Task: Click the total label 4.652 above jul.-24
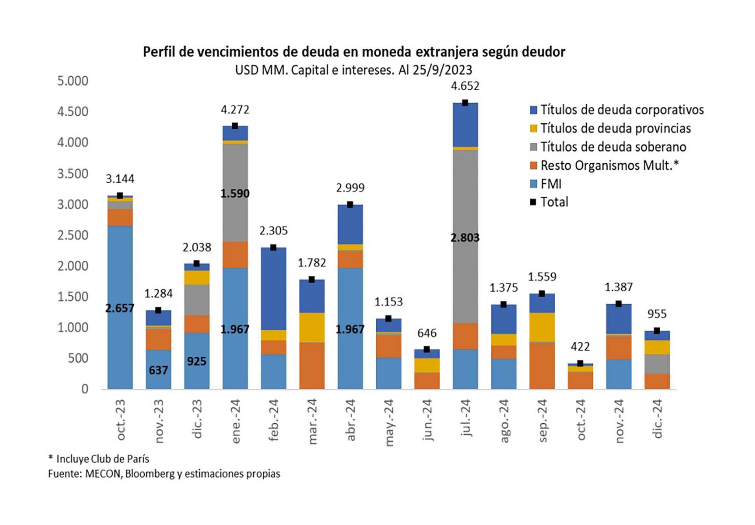(465, 86)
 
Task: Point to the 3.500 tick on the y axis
(73, 174)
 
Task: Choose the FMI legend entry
(551, 184)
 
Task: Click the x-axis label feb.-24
(274, 420)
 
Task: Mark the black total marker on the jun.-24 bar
(427, 349)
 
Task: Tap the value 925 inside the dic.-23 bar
(197, 361)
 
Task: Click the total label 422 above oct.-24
(580, 347)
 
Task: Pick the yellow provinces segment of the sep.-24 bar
(542, 327)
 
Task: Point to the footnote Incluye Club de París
(102, 459)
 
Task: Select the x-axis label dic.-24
(657, 419)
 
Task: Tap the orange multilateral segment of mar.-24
(312, 365)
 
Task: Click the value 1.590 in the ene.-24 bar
(235, 194)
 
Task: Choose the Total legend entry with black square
(554, 202)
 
